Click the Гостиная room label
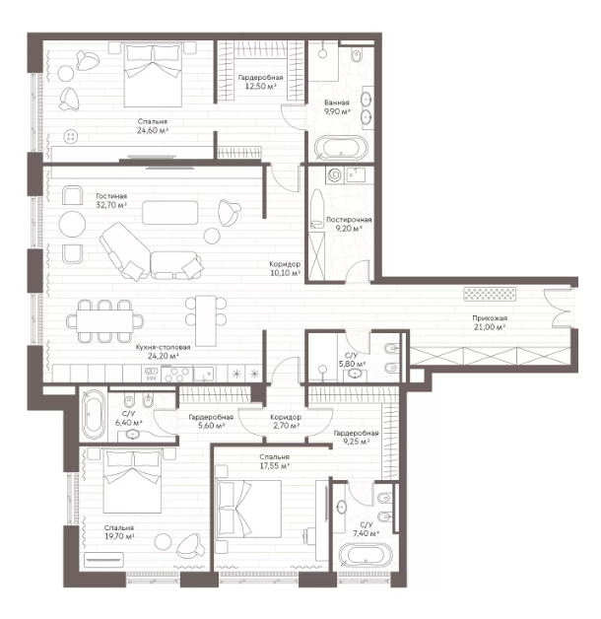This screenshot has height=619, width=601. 111,196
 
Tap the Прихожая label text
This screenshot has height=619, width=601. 490,317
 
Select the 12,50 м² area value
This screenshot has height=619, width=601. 260,87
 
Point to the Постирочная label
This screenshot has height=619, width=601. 349,220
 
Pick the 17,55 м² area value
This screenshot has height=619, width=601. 274,466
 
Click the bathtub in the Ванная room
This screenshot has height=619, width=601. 341,148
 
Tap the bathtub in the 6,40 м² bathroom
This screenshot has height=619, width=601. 93,414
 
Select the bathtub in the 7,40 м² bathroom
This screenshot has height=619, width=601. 365,556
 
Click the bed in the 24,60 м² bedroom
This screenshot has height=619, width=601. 153,75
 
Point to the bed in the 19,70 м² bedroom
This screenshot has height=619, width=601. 132,482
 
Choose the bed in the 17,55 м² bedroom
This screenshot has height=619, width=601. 248,510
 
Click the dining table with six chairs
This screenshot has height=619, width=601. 105,321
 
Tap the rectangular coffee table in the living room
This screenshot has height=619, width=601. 170,212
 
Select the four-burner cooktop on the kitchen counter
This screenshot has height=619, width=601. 176,374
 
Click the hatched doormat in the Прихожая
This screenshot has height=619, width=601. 490,294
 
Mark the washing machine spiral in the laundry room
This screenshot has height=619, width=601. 335,174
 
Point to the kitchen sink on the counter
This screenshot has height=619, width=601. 204,374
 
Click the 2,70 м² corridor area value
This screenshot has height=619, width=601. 286,426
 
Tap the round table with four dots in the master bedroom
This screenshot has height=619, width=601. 71,137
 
